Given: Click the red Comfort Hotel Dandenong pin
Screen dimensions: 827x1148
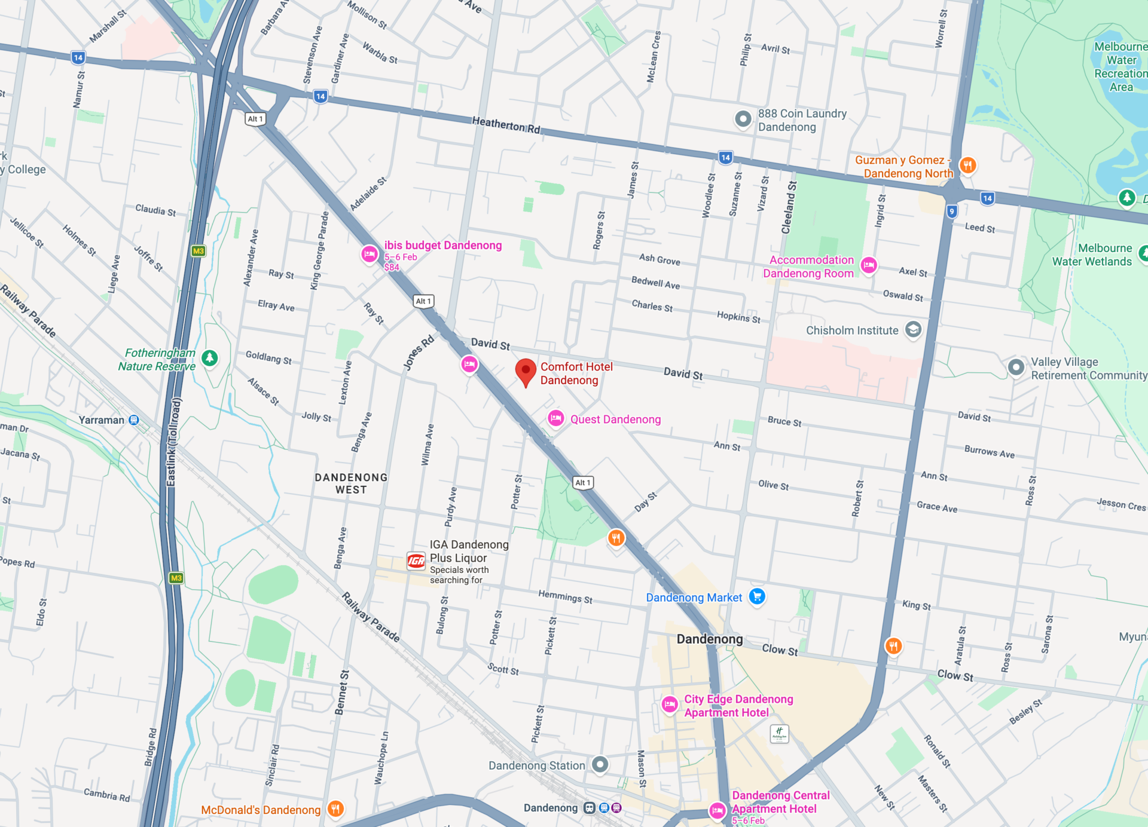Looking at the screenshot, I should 525,371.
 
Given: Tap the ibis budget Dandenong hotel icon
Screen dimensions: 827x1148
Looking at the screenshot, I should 370,254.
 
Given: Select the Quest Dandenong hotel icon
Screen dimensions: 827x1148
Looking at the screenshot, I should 556,418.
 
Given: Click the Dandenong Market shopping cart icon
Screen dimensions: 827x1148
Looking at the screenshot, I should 757,596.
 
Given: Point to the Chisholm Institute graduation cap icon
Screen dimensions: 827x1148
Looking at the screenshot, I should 913,329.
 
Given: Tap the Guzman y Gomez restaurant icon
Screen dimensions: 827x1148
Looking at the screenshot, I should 967,165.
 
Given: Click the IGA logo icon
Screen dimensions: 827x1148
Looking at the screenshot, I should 416,560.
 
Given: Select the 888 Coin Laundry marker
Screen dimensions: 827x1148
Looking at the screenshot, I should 743,119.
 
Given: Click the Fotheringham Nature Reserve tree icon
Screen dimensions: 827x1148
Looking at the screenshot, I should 209,358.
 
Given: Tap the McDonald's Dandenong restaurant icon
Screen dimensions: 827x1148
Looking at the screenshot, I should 335,809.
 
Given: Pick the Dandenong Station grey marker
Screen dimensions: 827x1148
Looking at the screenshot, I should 600,764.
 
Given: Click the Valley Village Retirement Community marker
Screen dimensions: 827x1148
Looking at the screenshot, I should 1016,367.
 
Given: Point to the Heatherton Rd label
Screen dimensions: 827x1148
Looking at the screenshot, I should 506,124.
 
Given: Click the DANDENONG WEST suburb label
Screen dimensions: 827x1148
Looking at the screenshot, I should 351,483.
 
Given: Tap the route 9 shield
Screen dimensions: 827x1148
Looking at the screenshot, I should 952,211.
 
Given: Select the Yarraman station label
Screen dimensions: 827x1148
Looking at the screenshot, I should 102,420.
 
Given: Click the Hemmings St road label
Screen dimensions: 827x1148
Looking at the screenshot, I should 565,596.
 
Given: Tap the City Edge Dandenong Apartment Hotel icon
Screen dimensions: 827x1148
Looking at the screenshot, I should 670,705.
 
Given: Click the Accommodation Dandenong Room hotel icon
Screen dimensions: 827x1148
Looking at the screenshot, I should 869,265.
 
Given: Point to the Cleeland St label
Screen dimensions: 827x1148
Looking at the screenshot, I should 789,207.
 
